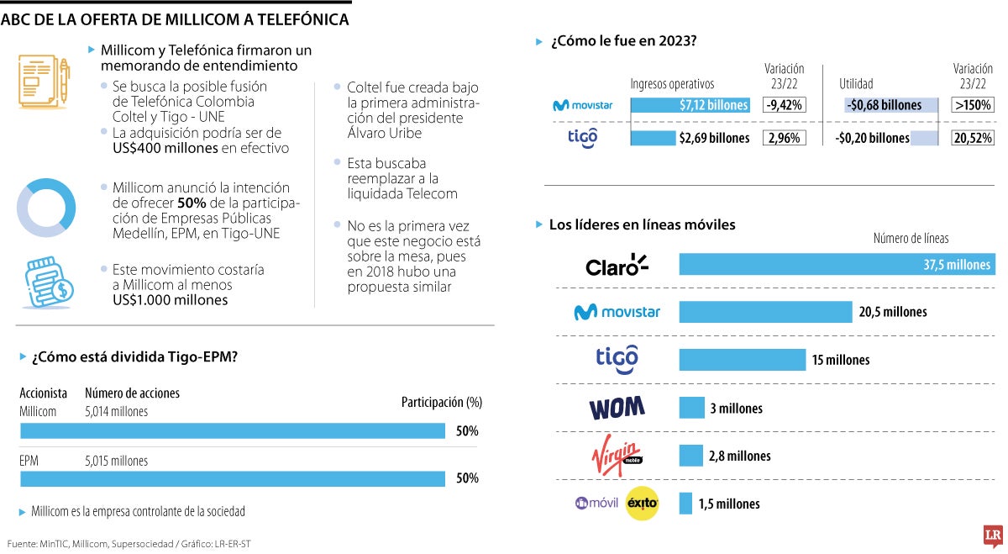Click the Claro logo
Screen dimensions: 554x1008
click(617, 266)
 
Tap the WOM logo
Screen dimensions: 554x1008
click(617, 409)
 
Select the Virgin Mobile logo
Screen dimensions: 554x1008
click(617, 456)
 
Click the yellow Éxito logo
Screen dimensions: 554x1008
click(643, 504)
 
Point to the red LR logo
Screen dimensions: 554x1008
click(993, 536)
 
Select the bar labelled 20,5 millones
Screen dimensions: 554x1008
click(765, 312)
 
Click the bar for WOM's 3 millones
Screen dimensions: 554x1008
click(691, 408)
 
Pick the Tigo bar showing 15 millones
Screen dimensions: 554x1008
click(742, 360)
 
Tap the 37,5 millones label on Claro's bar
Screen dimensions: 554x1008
click(957, 265)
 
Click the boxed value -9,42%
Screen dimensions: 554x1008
click(784, 105)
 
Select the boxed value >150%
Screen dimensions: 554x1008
click(973, 105)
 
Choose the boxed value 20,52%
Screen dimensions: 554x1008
click(973, 138)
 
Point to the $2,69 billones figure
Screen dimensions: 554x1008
click(714, 138)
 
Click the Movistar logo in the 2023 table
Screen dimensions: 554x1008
click(582, 105)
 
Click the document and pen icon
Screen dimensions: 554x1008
click(44, 82)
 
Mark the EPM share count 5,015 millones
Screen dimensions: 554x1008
click(116, 461)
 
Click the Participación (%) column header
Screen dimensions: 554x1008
click(441, 403)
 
